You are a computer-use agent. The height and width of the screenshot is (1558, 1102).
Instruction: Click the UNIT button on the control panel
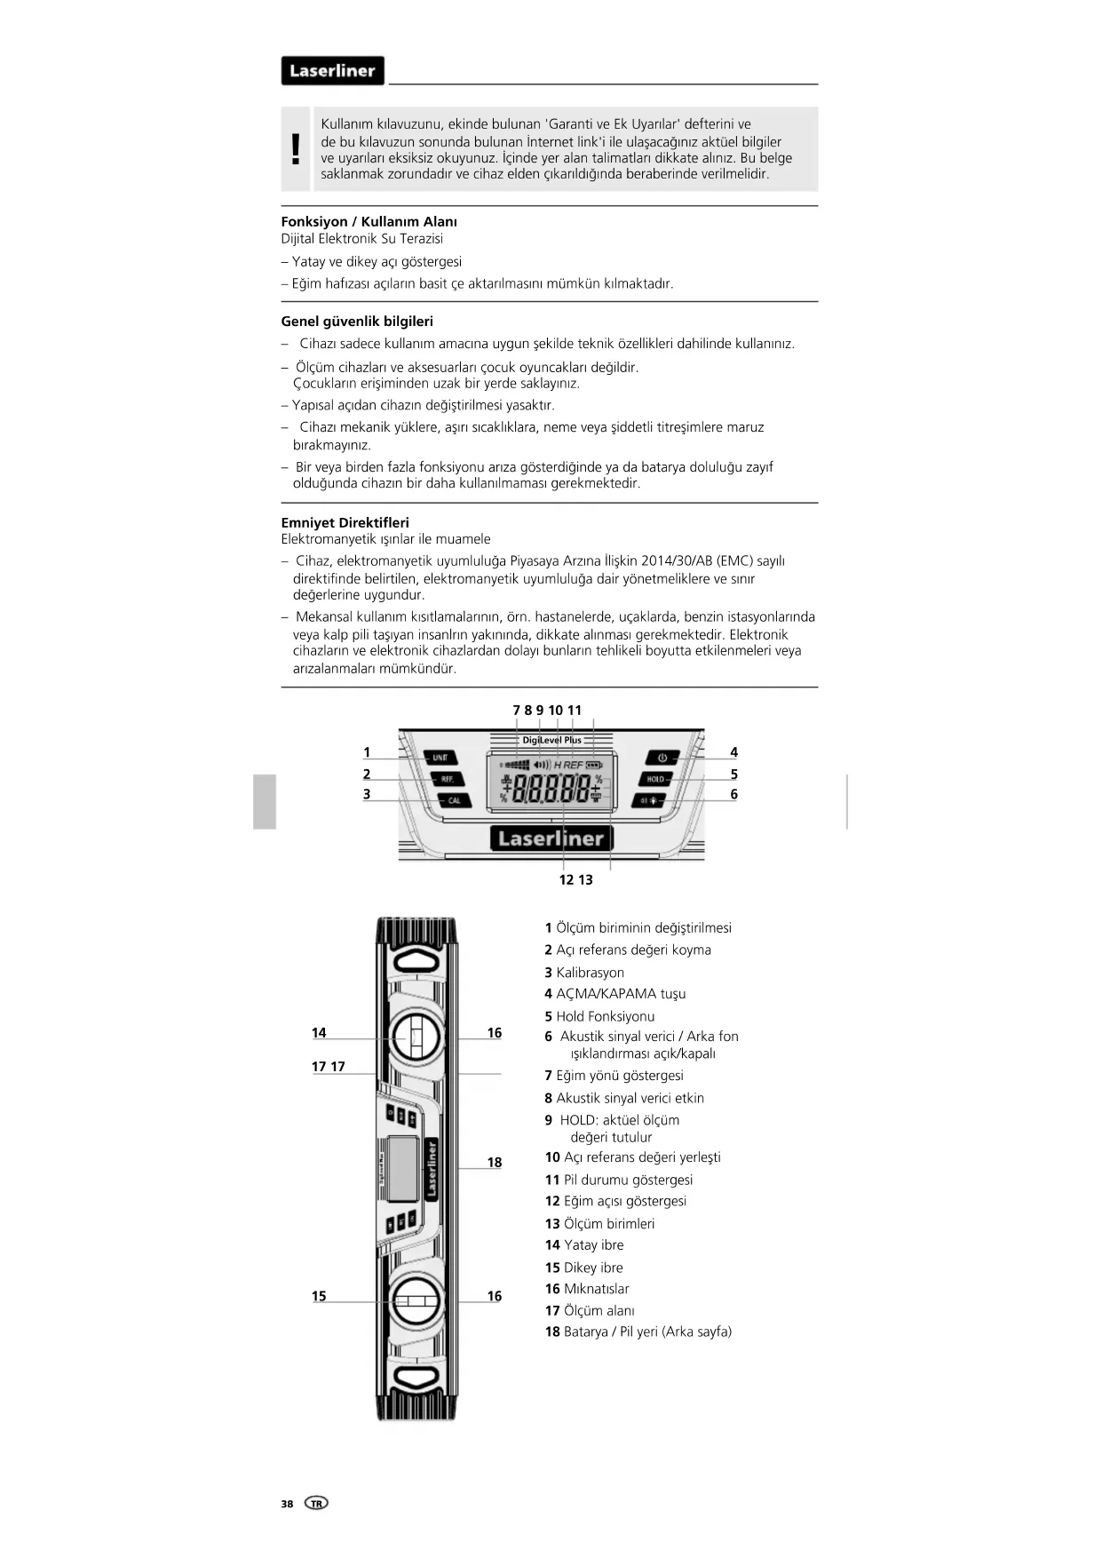(440, 758)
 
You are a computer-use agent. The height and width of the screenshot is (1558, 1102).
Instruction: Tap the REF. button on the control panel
(447, 779)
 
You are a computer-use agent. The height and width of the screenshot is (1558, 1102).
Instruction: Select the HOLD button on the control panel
(655, 779)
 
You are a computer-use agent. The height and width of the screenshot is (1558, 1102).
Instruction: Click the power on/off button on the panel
(662, 758)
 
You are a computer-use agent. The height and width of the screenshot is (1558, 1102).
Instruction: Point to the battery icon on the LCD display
(594, 765)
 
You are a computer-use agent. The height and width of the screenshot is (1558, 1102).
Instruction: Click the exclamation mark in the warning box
(296, 149)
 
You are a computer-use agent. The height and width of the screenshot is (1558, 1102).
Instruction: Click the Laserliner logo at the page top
(332, 71)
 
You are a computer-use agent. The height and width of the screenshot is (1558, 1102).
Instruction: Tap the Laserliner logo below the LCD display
(551, 838)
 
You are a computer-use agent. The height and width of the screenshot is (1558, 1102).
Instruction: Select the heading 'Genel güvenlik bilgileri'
(357, 322)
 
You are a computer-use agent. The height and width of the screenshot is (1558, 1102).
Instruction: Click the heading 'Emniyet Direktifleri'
(345, 522)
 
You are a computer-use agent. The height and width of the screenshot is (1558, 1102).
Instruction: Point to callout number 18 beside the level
(495, 1162)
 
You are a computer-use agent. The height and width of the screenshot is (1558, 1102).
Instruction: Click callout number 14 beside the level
(319, 1032)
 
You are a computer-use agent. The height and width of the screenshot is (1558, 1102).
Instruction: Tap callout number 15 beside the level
(319, 1296)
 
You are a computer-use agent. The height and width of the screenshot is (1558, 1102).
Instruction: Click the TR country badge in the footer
(316, 1503)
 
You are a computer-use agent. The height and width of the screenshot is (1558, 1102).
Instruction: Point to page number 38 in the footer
(287, 1504)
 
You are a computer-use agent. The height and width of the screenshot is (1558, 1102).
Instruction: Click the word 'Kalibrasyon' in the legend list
(590, 973)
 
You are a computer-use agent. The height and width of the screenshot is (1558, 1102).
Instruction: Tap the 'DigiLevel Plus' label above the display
(551, 740)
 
